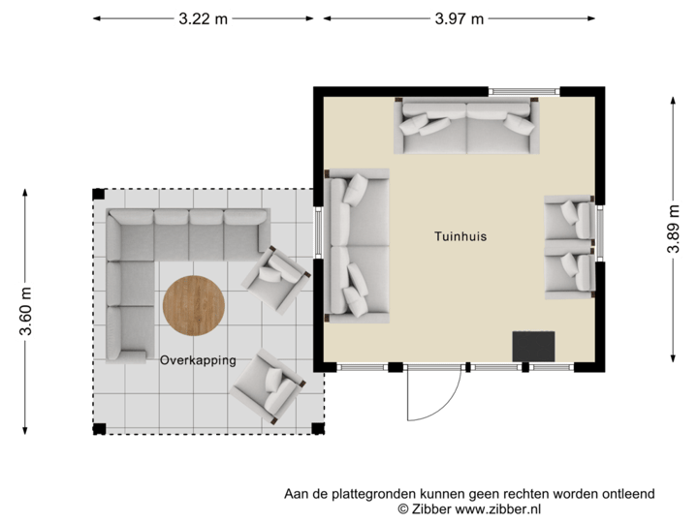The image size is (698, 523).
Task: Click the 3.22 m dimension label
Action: click(x=203, y=17)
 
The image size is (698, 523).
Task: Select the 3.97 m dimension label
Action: click(x=459, y=17)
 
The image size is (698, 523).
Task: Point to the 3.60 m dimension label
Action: click(x=25, y=312)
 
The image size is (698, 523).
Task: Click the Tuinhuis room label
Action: click(x=460, y=235)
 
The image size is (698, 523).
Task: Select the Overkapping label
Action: click(x=198, y=359)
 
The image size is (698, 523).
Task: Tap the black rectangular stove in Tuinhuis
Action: click(x=533, y=346)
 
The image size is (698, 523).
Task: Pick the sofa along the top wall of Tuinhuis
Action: click(x=467, y=127)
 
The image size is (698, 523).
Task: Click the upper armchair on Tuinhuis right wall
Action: click(x=569, y=218)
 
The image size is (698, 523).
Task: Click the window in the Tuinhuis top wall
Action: click(x=524, y=91)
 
